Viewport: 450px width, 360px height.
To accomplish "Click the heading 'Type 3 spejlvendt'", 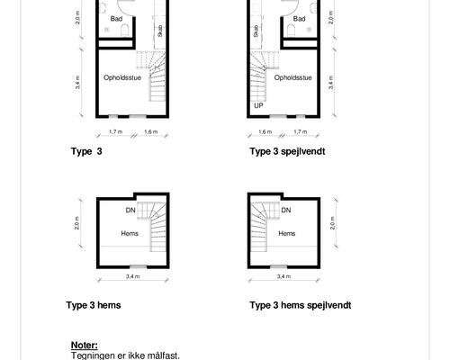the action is pos(287,151).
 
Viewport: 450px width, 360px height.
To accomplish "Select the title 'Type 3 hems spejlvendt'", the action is pos(301,305).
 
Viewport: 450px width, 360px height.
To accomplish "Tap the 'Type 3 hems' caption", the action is pos(94,305).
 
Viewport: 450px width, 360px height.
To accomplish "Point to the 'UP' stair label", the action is pos(258,105).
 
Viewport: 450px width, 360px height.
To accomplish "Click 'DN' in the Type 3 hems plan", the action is pos(130,211).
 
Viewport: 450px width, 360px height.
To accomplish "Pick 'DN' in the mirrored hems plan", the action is pos(286,211).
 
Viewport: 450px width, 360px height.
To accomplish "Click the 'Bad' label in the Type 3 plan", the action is pos(116,19).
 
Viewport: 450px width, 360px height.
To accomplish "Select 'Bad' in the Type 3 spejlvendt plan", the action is pos(299,19).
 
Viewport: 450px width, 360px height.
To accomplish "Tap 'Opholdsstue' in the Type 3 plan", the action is pos(122,77).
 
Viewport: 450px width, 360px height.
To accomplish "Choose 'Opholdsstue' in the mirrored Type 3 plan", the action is pos(292,77).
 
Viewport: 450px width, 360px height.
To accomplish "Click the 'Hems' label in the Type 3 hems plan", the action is pos(130,233).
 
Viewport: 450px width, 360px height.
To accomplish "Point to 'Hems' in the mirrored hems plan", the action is pos(287,233).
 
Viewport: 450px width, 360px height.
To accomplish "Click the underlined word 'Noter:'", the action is pos(85,346).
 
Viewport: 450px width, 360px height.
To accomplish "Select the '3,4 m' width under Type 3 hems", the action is pos(133,276).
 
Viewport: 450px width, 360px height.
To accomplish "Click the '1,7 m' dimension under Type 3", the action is pos(115,131).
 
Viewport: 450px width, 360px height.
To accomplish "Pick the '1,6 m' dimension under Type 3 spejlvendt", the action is pos(265,131).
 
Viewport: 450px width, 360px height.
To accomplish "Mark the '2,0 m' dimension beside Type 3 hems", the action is pos(77,223).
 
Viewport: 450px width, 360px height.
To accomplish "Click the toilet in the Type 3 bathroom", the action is pos(124,31).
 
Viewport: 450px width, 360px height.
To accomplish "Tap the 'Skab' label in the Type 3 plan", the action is pos(160,31).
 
